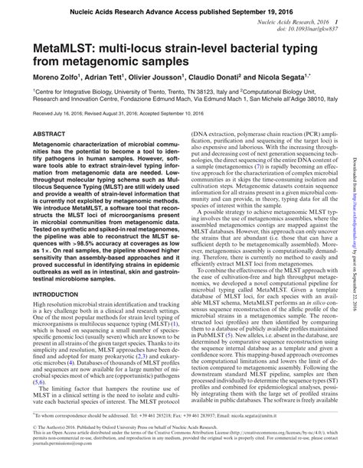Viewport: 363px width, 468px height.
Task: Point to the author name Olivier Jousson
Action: pos(158,78)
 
